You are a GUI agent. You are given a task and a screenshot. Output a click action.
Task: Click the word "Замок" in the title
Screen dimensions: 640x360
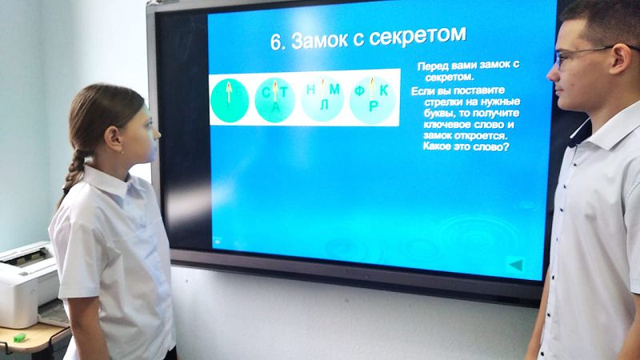point(318,40)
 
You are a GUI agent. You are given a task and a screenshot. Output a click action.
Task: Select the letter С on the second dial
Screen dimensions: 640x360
point(266,93)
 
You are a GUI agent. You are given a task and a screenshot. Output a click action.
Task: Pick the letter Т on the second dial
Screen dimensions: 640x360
point(284,93)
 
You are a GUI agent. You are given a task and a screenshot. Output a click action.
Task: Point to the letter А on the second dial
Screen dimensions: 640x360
point(276,107)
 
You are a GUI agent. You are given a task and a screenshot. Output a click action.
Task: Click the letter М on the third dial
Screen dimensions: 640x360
point(334,89)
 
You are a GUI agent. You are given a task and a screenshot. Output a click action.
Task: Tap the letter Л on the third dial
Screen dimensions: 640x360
point(324,105)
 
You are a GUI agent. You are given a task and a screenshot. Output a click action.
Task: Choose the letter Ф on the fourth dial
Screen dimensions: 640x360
point(359,90)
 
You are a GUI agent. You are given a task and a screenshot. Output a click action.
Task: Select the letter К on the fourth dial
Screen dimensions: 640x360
point(384,90)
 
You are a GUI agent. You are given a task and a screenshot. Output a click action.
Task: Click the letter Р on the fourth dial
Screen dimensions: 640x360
point(373,106)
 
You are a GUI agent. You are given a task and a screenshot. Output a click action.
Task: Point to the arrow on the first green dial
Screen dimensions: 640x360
point(229,91)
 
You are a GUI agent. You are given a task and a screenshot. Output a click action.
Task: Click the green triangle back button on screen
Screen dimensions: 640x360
point(516,265)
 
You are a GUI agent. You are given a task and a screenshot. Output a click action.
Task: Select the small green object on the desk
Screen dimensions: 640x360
point(19,338)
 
